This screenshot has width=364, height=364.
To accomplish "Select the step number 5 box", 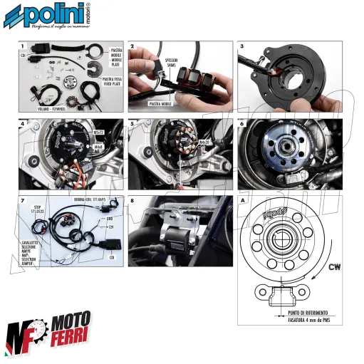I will pyautogui.click(x=133, y=124).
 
